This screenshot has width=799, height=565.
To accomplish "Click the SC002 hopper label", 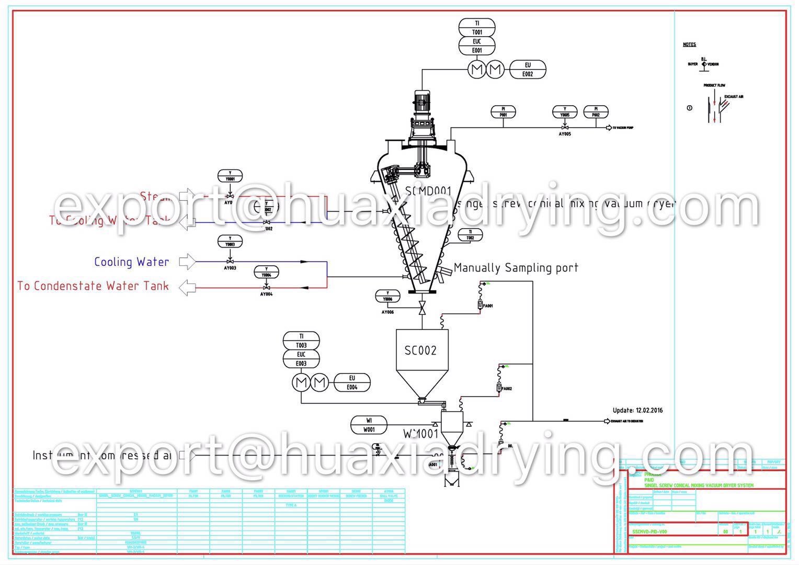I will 420,350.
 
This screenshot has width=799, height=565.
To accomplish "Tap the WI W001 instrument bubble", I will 369,425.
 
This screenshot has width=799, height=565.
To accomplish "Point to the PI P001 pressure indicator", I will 503,111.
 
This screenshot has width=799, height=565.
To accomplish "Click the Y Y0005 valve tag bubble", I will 565,111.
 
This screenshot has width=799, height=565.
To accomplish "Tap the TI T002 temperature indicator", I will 470,235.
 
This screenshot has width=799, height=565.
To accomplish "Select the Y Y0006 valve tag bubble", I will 387,296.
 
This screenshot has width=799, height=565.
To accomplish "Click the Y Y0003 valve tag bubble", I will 230,241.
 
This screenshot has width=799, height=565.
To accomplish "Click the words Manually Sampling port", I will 516,268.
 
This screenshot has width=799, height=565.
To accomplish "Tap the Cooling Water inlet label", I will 132,262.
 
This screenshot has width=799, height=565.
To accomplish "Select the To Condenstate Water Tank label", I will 93,286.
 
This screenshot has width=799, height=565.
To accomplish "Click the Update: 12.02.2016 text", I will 637,410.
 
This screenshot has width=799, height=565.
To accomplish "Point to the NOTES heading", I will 689,44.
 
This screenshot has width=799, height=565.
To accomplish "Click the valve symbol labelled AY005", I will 565,128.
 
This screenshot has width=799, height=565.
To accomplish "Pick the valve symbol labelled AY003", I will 230,261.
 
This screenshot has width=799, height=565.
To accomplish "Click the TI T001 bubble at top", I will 477,28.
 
